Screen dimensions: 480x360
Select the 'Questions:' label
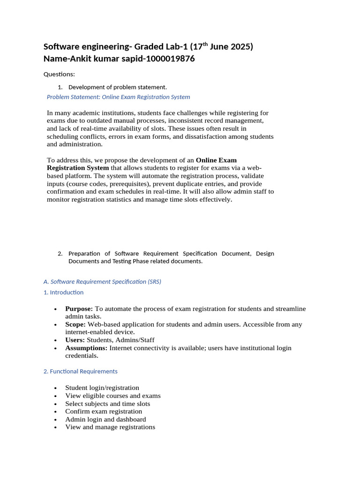tap(59, 74)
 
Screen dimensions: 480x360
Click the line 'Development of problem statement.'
tap(117, 87)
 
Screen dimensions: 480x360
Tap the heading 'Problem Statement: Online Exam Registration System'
tap(119, 97)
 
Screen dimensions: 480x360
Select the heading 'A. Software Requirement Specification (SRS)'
tap(102, 282)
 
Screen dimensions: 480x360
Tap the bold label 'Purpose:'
tap(79, 309)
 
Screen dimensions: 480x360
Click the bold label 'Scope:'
tap(75, 324)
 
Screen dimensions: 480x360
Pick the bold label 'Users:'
tap(75, 340)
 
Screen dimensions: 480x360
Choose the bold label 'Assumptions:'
tap(86, 348)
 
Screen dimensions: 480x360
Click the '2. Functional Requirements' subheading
tap(80, 371)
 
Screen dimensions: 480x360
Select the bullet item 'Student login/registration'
tap(102, 388)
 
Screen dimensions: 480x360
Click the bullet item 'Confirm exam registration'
tap(104, 411)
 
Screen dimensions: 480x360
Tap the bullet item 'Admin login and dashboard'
tap(105, 419)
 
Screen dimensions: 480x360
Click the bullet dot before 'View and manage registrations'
tap(55, 427)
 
